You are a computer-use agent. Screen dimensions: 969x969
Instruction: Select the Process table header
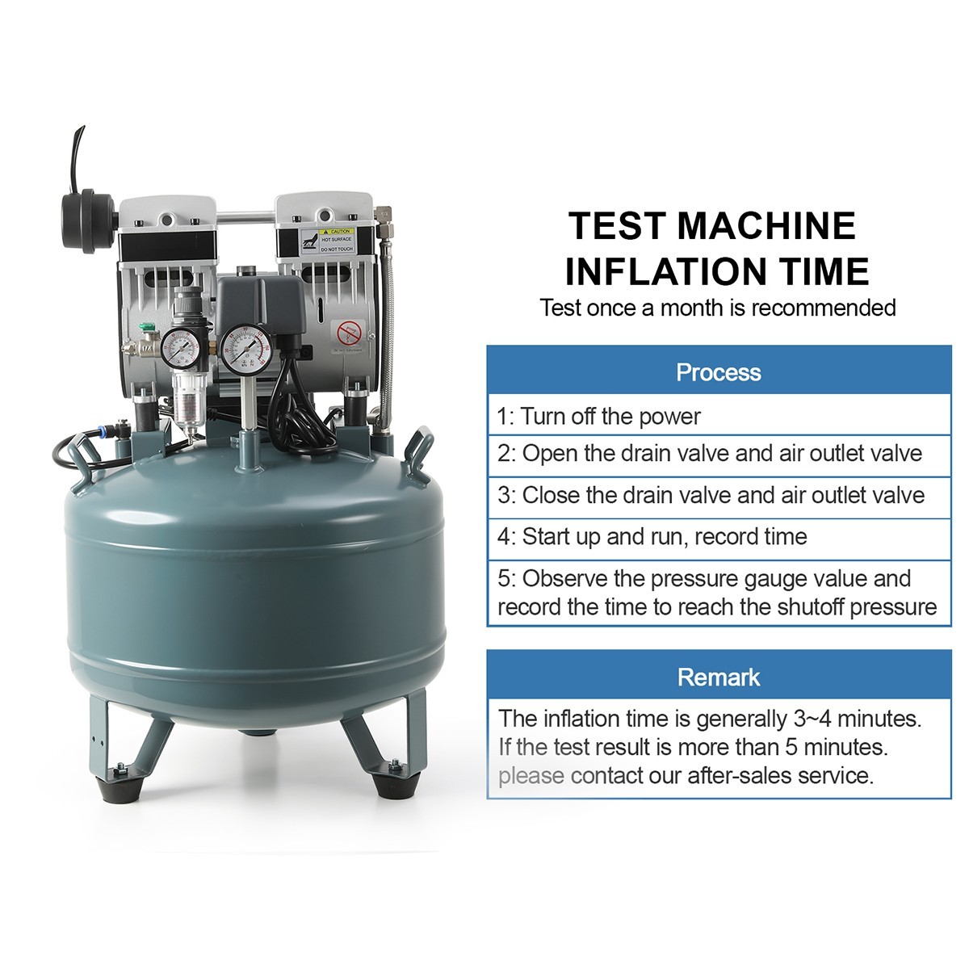(719, 372)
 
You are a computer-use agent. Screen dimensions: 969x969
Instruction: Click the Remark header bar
(719, 677)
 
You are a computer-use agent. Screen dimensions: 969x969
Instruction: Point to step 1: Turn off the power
(598, 417)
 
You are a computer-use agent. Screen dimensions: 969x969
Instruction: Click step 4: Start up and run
(652, 536)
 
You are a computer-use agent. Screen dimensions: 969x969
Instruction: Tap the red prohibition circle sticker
(349, 331)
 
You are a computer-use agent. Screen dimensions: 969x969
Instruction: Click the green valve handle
(147, 327)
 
